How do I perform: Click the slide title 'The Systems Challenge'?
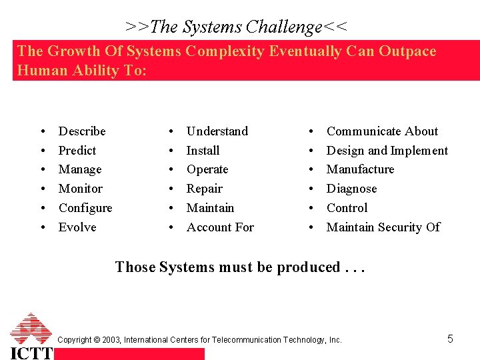(x=236, y=27)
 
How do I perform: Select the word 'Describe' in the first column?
(x=82, y=131)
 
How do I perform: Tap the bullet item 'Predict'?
(x=77, y=151)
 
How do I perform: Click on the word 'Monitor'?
(x=81, y=189)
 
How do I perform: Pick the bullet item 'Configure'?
(x=85, y=208)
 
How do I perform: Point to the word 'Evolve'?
(x=77, y=227)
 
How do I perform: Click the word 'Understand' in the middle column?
(x=217, y=131)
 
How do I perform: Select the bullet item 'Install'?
(x=203, y=151)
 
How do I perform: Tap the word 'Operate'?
(x=207, y=169)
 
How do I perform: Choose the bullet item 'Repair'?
(x=205, y=189)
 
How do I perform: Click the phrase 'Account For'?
(x=220, y=227)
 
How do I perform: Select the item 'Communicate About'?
(x=382, y=131)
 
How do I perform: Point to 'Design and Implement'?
(x=387, y=151)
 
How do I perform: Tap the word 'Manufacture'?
(x=360, y=169)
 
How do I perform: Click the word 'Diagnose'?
(x=351, y=189)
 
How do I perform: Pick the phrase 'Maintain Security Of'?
(x=383, y=227)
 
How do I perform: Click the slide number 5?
(x=450, y=339)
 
